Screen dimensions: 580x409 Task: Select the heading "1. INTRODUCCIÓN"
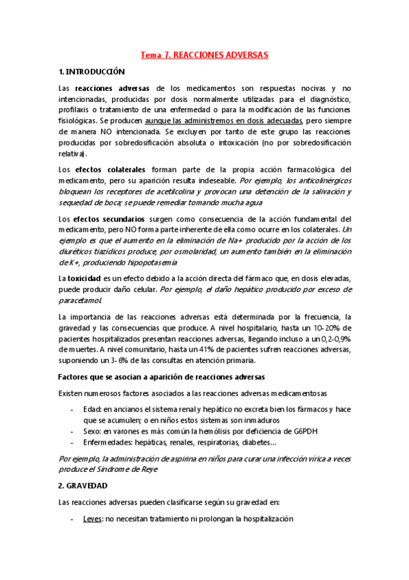point(92,71)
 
